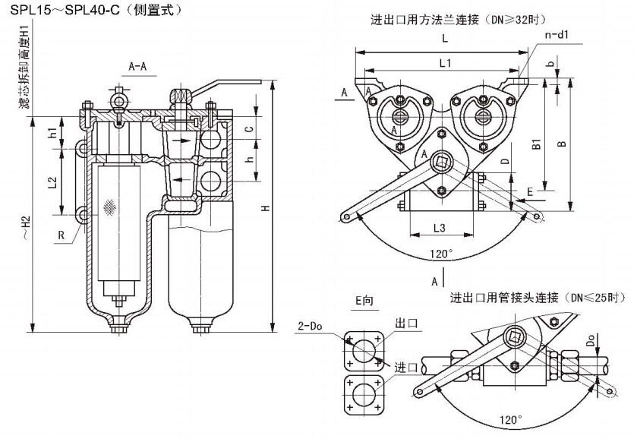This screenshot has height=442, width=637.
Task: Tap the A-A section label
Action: (137, 67)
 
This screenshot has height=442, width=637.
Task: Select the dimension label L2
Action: (52, 182)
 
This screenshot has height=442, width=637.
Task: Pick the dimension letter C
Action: (248, 129)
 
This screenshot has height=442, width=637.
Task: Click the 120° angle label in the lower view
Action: (510, 420)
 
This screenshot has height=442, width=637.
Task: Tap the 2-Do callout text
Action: (310, 327)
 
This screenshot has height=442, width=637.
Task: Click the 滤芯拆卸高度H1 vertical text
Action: (26, 68)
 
